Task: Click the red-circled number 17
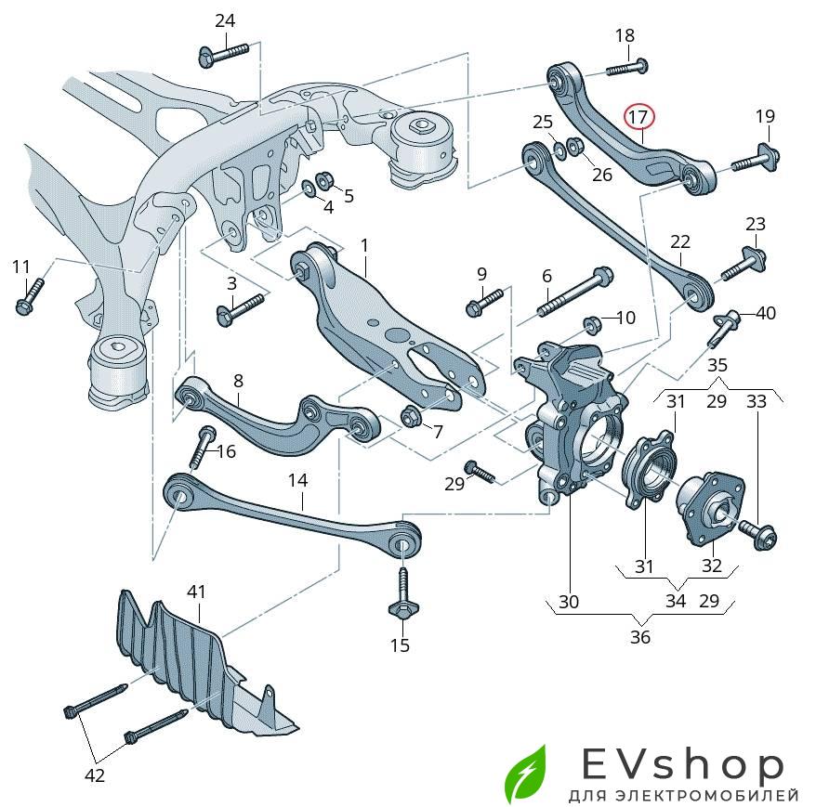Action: [x=638, y=117]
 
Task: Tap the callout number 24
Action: [x=225, y=20]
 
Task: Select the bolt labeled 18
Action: [x=627, y=67]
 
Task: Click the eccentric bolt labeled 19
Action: [x=755, y=159]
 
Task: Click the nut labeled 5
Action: [x=324, y=179]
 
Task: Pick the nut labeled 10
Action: [x=591, y=324]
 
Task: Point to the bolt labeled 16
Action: [x=202, y=449]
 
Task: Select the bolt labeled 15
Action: [x=401, y=594]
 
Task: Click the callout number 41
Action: [x=196, y=591]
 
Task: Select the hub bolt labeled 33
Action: [x=757, y=533]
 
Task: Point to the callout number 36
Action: [x=640, y=637]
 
